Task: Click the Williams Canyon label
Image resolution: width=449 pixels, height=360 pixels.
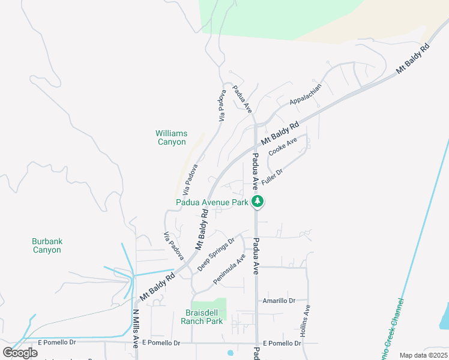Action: click(171, 137)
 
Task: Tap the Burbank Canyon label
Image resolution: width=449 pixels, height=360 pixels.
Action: click(47, 245)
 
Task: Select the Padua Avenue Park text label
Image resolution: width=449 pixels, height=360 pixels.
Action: click(212, 203)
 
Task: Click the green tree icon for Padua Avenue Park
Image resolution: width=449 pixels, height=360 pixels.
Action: click(258, 202)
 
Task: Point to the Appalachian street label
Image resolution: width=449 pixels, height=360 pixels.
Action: click(306, 93)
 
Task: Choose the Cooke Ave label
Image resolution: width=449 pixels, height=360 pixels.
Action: click(283, 147)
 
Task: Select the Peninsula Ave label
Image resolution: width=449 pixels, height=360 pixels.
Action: click(229, 269)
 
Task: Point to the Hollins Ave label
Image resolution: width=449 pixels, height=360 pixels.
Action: click(306, 320)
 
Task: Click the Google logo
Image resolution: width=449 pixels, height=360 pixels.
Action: click(20, 352)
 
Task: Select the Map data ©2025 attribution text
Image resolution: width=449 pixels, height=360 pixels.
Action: click(423, 355)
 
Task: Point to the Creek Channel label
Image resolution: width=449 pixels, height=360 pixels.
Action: click(391, 324)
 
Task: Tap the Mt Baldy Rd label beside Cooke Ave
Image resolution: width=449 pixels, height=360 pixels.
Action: click(279, 134)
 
